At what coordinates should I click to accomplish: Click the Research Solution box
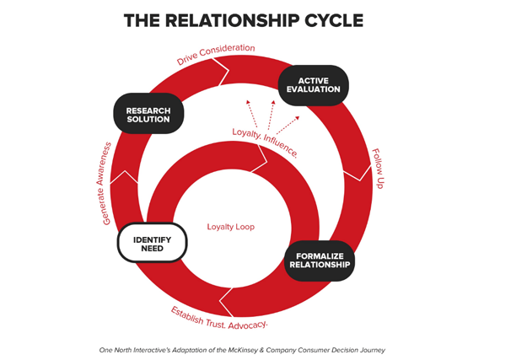coord(148,114)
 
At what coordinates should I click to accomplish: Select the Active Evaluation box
coord(313,85)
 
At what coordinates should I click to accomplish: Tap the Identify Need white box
coord(153,243)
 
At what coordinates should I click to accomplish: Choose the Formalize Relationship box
coord(319,260)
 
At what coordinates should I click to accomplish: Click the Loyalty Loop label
coord(230,227)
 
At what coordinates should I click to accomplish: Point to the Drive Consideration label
coord(216,54)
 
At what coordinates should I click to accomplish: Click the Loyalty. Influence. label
coord(265,142)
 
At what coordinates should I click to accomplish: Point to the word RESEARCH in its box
coord(148,110)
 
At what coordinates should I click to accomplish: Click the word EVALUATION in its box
coord(313,89)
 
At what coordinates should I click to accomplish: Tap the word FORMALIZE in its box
coord(319,255)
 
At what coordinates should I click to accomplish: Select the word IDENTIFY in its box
coord(153,239)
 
